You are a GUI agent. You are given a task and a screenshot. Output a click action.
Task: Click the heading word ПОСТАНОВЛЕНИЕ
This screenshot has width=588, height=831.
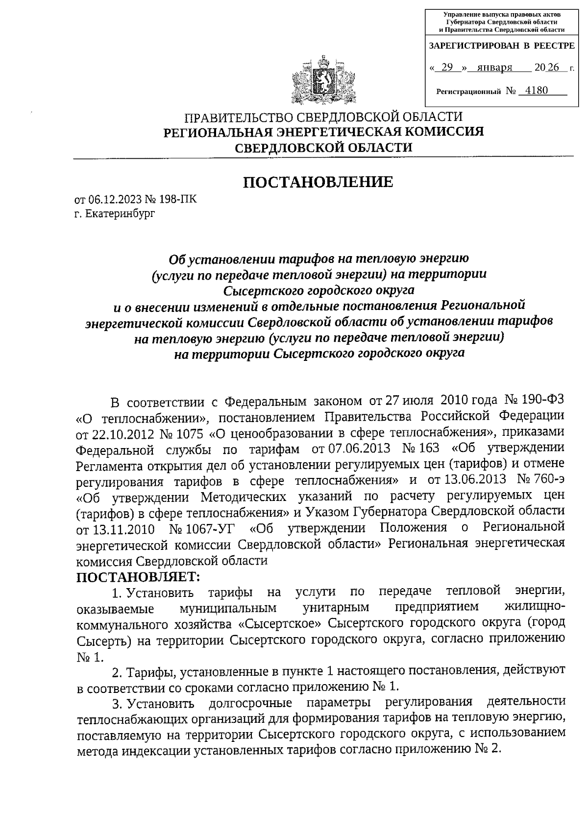(318, 182)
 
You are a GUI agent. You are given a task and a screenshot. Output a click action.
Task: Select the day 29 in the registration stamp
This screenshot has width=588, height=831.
(447, 68)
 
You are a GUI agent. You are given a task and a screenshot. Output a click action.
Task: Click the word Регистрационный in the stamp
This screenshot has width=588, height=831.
(468, 92)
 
